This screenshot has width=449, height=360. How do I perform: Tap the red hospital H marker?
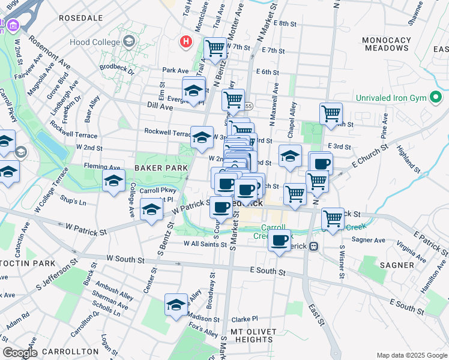(186, 42)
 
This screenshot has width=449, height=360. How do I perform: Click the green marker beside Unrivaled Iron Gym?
(437, 97)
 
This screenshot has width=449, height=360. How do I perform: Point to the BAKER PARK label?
(157, 169)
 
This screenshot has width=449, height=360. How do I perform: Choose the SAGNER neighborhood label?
(396, 265)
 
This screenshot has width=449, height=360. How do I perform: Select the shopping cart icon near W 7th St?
(215, 47)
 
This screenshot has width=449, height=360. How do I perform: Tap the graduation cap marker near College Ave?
(113, 180)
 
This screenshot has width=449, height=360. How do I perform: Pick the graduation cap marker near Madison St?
(175, 305)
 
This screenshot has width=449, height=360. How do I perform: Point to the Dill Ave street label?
(160, 107)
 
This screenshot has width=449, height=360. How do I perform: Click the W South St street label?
(125, 259)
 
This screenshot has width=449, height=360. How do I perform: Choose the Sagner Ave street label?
(369, 239)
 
